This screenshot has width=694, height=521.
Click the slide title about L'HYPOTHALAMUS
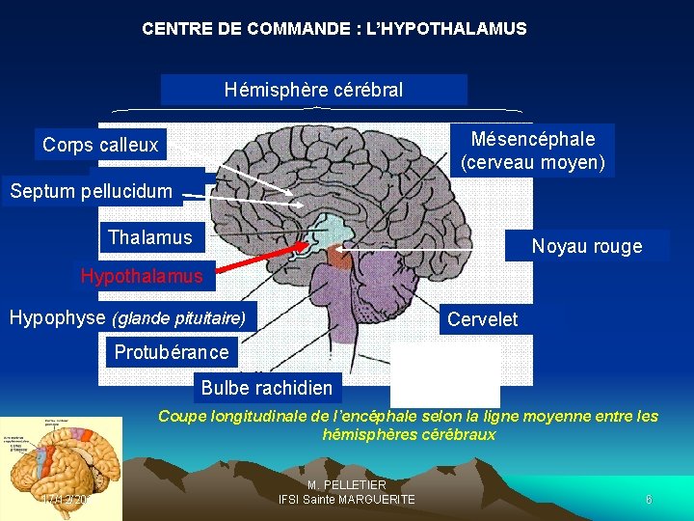click(334, 29)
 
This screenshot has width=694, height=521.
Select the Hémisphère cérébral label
click(313, 90)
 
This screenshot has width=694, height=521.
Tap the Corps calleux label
click(100, 145)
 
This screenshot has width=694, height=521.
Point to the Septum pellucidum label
click(91, 190)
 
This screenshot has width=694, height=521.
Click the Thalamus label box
click(150, 237)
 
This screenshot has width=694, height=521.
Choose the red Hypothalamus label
click(142, 276)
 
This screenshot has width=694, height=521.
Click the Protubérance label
click(172, 352)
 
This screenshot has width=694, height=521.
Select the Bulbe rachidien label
click(267, 389)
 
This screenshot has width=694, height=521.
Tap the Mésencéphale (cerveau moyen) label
click(533, 151)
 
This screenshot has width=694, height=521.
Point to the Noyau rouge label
click(586, 246)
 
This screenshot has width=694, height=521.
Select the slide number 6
click(649, 500)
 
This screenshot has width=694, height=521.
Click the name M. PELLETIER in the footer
click(347, 484)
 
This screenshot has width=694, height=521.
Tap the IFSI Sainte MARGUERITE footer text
click(347, 499)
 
